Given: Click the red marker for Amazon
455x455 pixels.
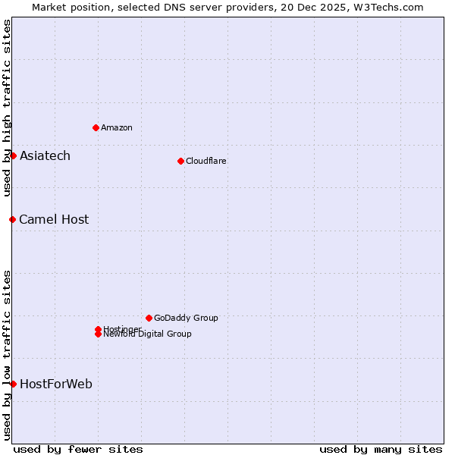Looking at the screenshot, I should click(x=96, y=127).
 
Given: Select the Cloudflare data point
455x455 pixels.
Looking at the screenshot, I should click(x=180, y=161).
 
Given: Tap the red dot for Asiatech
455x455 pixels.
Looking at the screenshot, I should click(x=13, y=155).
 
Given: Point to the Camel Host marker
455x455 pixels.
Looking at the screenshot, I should click(x=12, y=219).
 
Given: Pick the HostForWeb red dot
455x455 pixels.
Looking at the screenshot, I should click(x=13, y=384).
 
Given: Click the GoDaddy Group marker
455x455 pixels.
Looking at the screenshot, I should click(x=149, y=318).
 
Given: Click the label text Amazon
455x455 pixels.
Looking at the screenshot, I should click(x=116, y=127).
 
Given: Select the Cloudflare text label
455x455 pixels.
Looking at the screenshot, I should click(x=206, y=161).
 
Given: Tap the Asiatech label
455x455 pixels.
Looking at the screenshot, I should click(x=45, y=155).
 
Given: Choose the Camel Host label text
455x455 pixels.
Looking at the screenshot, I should click(x=53, y=219).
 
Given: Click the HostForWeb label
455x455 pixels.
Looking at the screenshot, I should click(x=55, y=384).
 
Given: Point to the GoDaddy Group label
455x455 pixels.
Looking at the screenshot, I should click(x=185, y=318).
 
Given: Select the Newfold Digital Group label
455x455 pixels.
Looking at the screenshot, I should click(x=147, y=334).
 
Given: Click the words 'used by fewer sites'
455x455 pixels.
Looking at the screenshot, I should click(x=78, y=449).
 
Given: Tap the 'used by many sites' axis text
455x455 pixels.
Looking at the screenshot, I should click(x=381, y=449).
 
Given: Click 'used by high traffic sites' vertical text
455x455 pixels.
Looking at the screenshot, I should click(x=7, y=108).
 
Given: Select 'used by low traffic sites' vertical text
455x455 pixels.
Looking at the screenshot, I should click(x=7, y=355).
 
